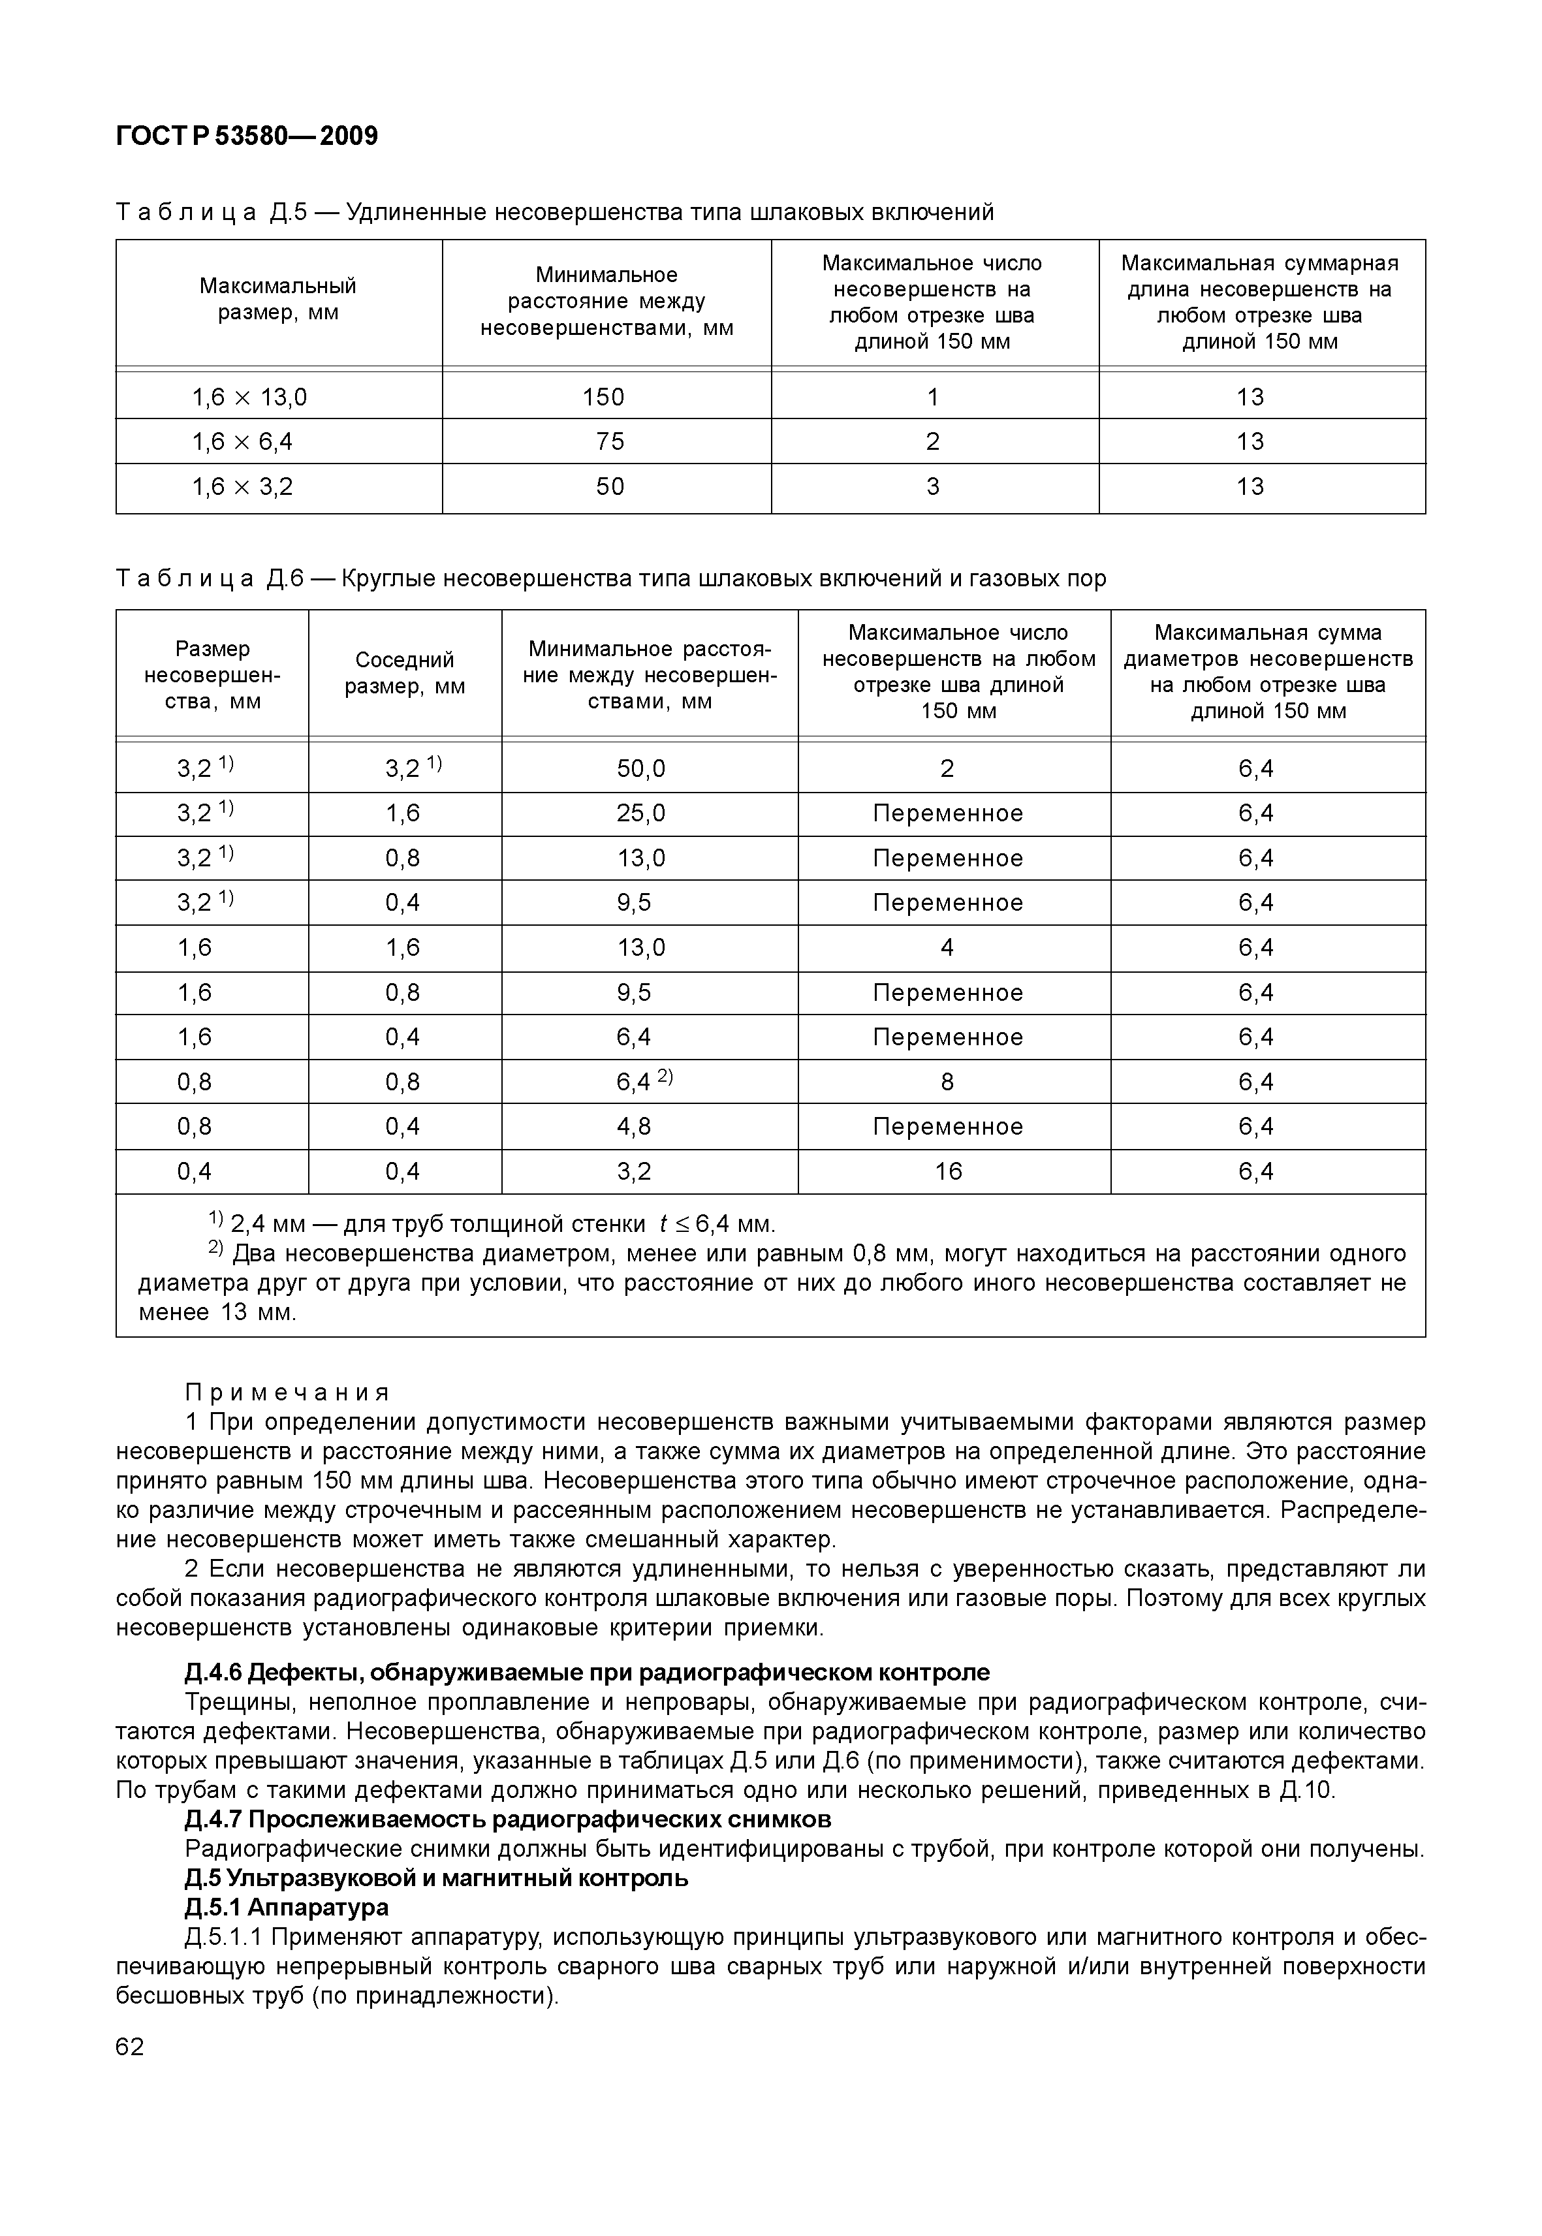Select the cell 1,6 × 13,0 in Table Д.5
click(x=249, y=397)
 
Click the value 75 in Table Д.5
click(x=610, y=441)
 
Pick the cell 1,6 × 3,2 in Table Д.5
click(x=242, y=486)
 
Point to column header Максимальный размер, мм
click(x=278, y=300)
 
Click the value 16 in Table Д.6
click(x=948, y=1172)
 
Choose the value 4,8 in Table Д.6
click(x=634, y=1127)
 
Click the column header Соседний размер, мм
click(x=405, y=674)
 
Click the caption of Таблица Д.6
click(x=610, y=579)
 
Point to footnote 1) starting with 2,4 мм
click(x=493, y=1225)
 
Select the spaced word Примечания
click(x=287, y=1393)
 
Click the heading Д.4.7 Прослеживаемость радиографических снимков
click(x=507, y=1819)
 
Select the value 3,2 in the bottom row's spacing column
click(x=634, y=1172)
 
